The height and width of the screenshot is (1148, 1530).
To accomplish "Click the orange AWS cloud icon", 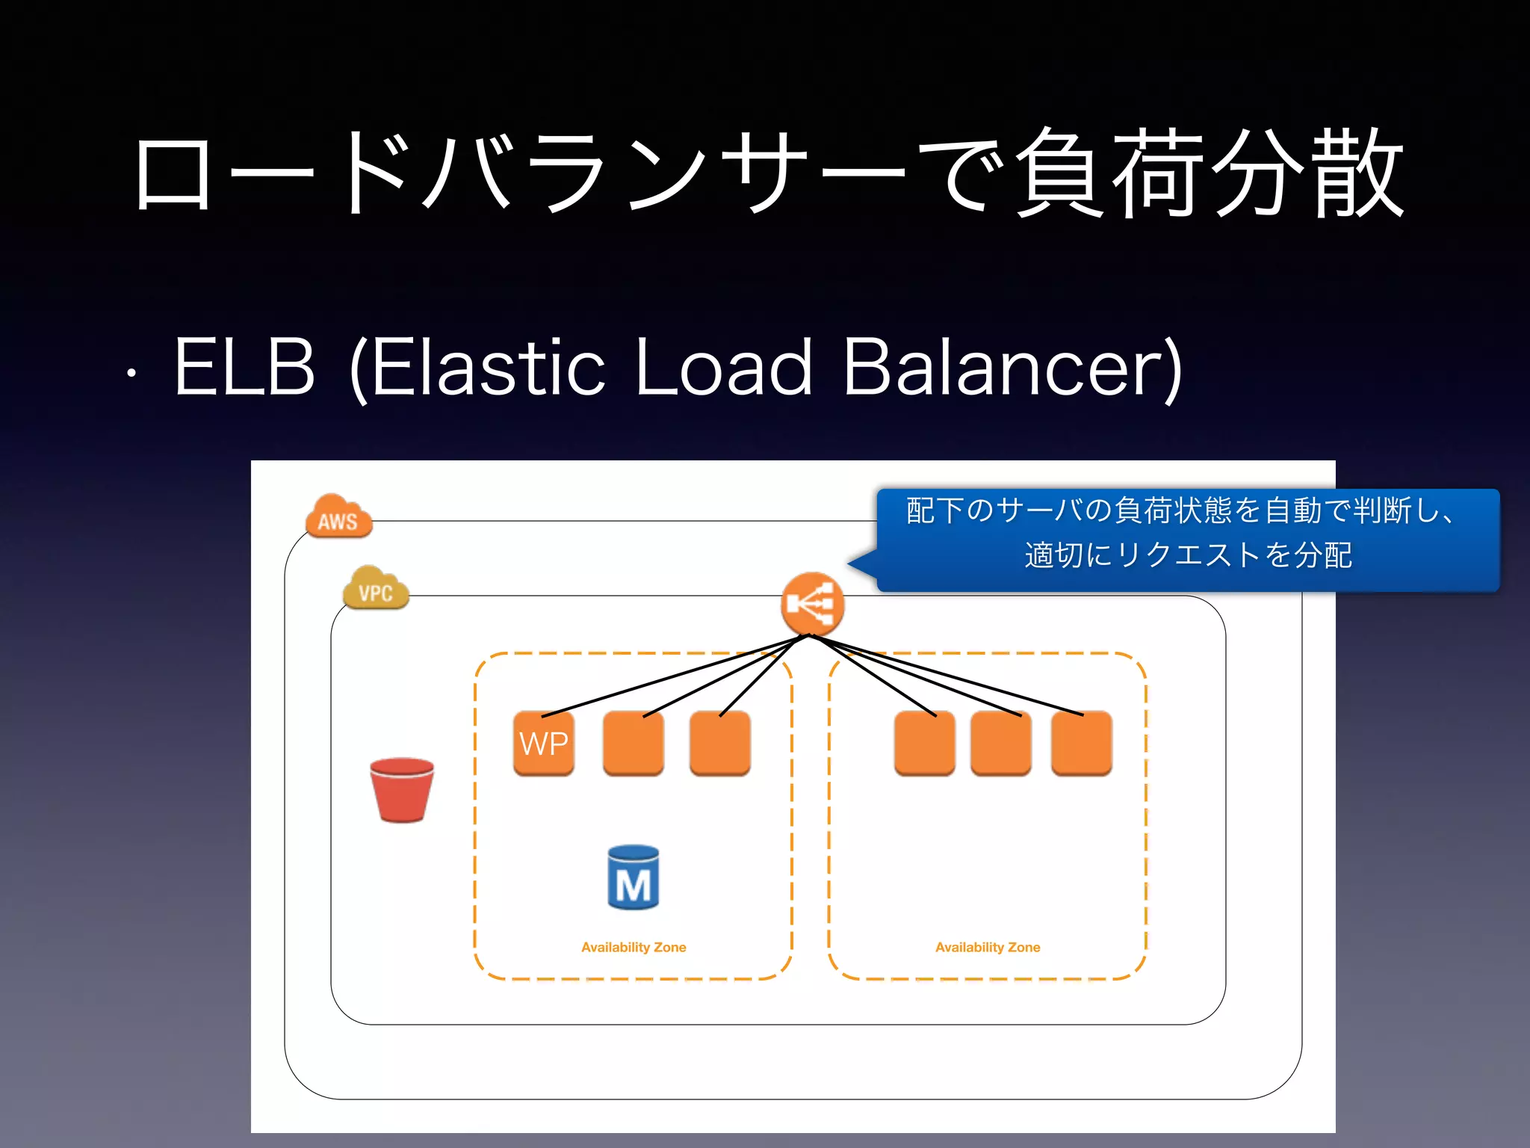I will click(x=338, y=517).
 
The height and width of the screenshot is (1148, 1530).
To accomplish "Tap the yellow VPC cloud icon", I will click(x=376, y=590).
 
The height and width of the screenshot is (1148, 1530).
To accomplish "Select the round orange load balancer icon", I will click(x=812, y=604).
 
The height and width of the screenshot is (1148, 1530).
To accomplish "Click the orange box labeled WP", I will click(x=544, y=744).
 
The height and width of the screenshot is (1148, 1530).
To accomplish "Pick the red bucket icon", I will click(x=402, y=790).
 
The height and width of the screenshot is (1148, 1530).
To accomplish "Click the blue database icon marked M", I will click(x=633, y=878).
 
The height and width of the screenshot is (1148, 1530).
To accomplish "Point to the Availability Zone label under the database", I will click(x=634, y=947).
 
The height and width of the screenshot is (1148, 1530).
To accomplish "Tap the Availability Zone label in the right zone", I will click(x=988, y=947).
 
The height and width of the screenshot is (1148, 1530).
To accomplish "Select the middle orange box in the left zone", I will click(x=633, y=744).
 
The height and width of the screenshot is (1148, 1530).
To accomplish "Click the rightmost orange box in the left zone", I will click(x=719, y=744).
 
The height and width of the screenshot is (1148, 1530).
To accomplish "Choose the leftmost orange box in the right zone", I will click(x=924, y=744).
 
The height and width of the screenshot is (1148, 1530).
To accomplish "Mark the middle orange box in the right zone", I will click(x=1001, y=744).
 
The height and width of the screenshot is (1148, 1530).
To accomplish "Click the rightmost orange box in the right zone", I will click(x=1081, y=744).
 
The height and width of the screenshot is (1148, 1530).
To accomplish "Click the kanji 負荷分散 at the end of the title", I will click(x=1210, y=173).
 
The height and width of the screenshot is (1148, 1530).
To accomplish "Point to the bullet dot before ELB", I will click(x=131, y=372).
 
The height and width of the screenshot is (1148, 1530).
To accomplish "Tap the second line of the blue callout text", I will click(x=1188, y=555).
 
